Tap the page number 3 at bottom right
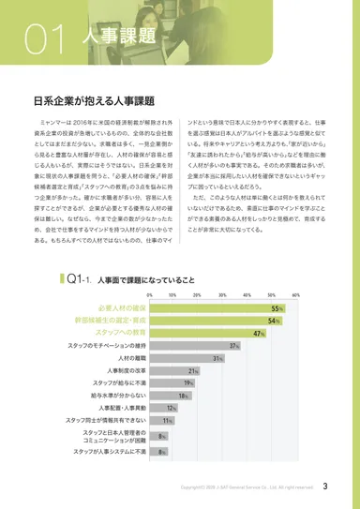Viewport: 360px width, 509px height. (324, 486)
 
